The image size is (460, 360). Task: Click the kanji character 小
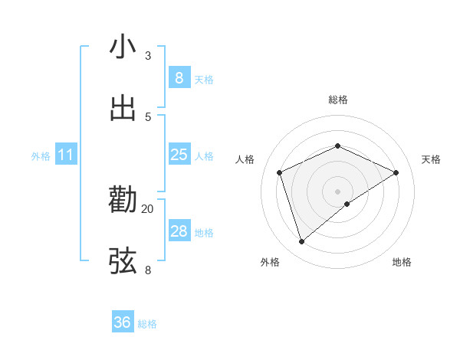123,47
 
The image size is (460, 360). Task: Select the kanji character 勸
123,200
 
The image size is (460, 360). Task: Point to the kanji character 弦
123,261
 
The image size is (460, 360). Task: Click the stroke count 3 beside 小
148,56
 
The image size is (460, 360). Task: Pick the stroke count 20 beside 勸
148,208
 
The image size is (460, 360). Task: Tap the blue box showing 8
179,77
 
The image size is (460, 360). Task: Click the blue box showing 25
179,155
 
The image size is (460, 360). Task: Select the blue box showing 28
179,231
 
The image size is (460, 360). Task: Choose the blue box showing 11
66,155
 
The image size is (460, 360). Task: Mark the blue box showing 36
123,322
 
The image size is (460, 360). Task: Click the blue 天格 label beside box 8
204,79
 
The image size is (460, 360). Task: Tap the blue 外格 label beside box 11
41,156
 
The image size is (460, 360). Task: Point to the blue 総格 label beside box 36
147,324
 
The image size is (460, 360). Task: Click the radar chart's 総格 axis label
337,100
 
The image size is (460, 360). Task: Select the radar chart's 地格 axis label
402,263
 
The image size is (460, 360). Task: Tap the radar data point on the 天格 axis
396,172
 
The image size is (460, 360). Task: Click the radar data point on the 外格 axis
301,242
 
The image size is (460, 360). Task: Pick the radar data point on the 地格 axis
347,204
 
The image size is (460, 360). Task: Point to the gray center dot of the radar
337,191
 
